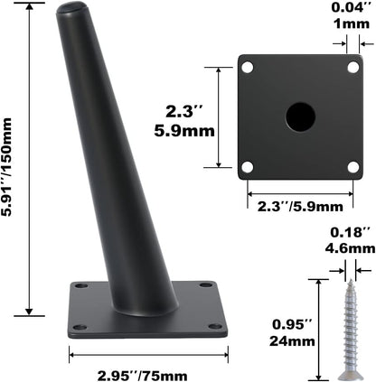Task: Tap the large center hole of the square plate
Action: click(x=300, y=116)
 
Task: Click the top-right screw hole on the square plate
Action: click(x=352, y=67)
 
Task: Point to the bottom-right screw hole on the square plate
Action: click(x=352, y=166)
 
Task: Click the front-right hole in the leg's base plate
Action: click(x=213, y=326)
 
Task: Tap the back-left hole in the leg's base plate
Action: click(x=82, y=286)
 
